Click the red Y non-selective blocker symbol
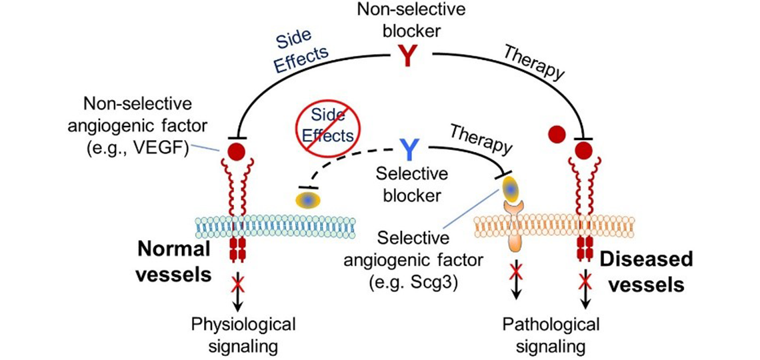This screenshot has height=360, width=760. tap(406, 56)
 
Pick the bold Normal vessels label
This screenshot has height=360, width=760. tap(174, 260)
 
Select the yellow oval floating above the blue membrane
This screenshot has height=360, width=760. tap(308, 199)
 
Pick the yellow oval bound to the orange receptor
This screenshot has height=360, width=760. tap(511, 188)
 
